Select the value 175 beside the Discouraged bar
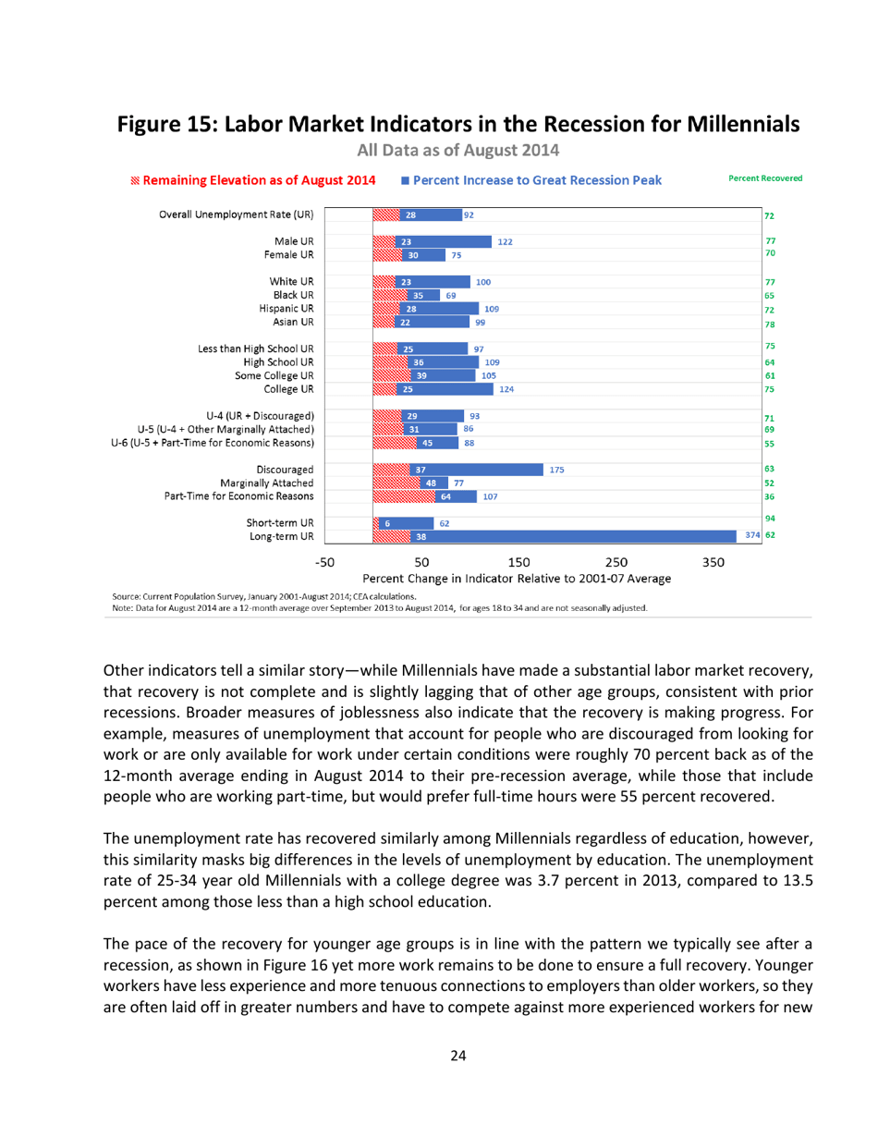556,470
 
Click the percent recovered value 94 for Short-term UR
769,520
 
